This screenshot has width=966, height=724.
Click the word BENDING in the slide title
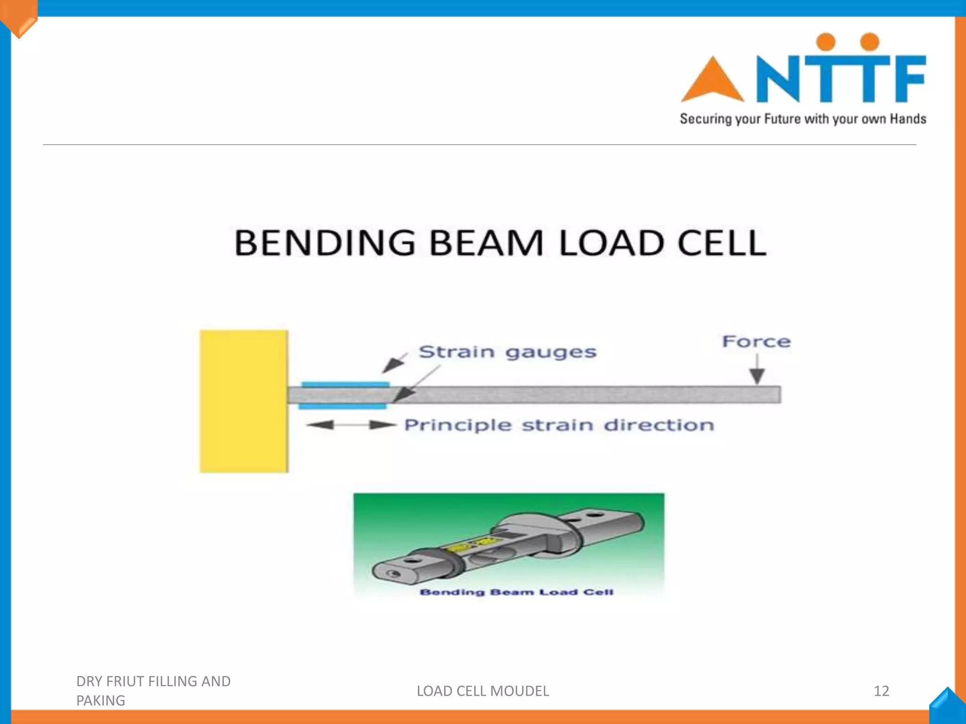[325, 243]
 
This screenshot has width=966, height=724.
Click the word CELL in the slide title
[721, 243]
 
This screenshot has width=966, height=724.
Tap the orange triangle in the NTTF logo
[712, 81]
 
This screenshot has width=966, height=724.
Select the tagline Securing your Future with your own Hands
[803, 119]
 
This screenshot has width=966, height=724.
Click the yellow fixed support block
[243, 401]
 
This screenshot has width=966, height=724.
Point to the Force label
[756, 341]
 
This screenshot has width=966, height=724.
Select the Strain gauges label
[508, 352]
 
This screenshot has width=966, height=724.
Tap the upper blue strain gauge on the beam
[345, 385]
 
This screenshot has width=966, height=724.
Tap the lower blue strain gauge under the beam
[343, 406]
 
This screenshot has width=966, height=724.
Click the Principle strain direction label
[559, 425]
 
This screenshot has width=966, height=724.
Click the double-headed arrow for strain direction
[351, 425]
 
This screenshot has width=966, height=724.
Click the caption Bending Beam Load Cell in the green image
[516, 592]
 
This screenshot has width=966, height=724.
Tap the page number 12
[881, 691]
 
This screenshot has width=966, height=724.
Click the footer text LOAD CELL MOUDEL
[483, 691]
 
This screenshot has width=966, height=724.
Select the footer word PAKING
[100, 701]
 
